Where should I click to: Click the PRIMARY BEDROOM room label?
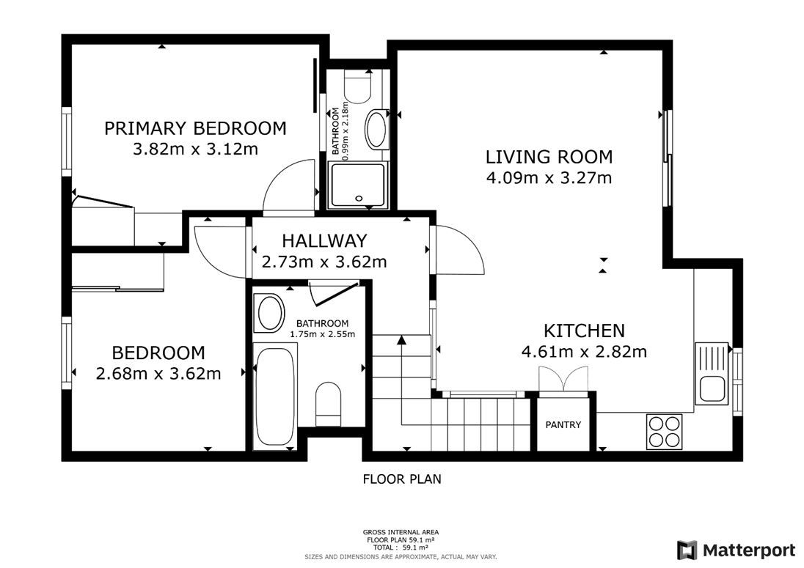[x=195, y=128]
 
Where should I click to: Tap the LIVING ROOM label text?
[x=549, y=157]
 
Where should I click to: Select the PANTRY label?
[x=563, y=424]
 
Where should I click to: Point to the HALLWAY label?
[x=324, y=240]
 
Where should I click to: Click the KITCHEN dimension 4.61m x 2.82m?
[x=584, y=352]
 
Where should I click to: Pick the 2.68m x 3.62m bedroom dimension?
[x=158, y=373]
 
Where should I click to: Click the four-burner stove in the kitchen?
[x=665, y=432]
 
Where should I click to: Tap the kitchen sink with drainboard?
[x=712, y=372]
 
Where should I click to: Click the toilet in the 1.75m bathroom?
[x=328, y=404]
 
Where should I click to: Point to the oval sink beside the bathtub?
[x=271, y=313]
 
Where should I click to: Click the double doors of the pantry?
[x=563, y=378]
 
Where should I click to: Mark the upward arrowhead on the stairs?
[x=401, y=339]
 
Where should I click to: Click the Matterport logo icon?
[x=687, y=550]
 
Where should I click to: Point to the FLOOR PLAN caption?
[x=402, y=479]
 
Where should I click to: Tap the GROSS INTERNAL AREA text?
[x=401, y=533]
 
